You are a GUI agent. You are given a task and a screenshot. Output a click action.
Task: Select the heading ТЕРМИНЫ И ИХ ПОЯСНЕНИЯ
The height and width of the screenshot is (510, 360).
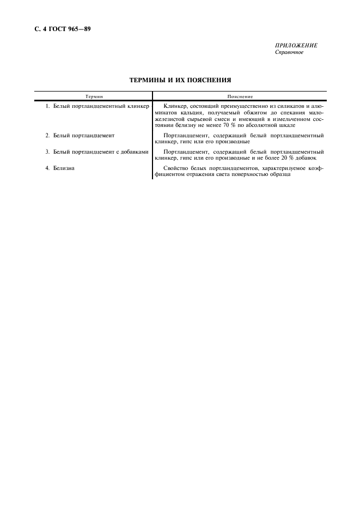pos(180,80)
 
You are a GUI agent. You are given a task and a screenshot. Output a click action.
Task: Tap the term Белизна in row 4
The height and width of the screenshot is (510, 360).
pos(64,168)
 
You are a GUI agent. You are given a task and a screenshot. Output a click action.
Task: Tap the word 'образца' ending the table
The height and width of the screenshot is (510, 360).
pos(272,175)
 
